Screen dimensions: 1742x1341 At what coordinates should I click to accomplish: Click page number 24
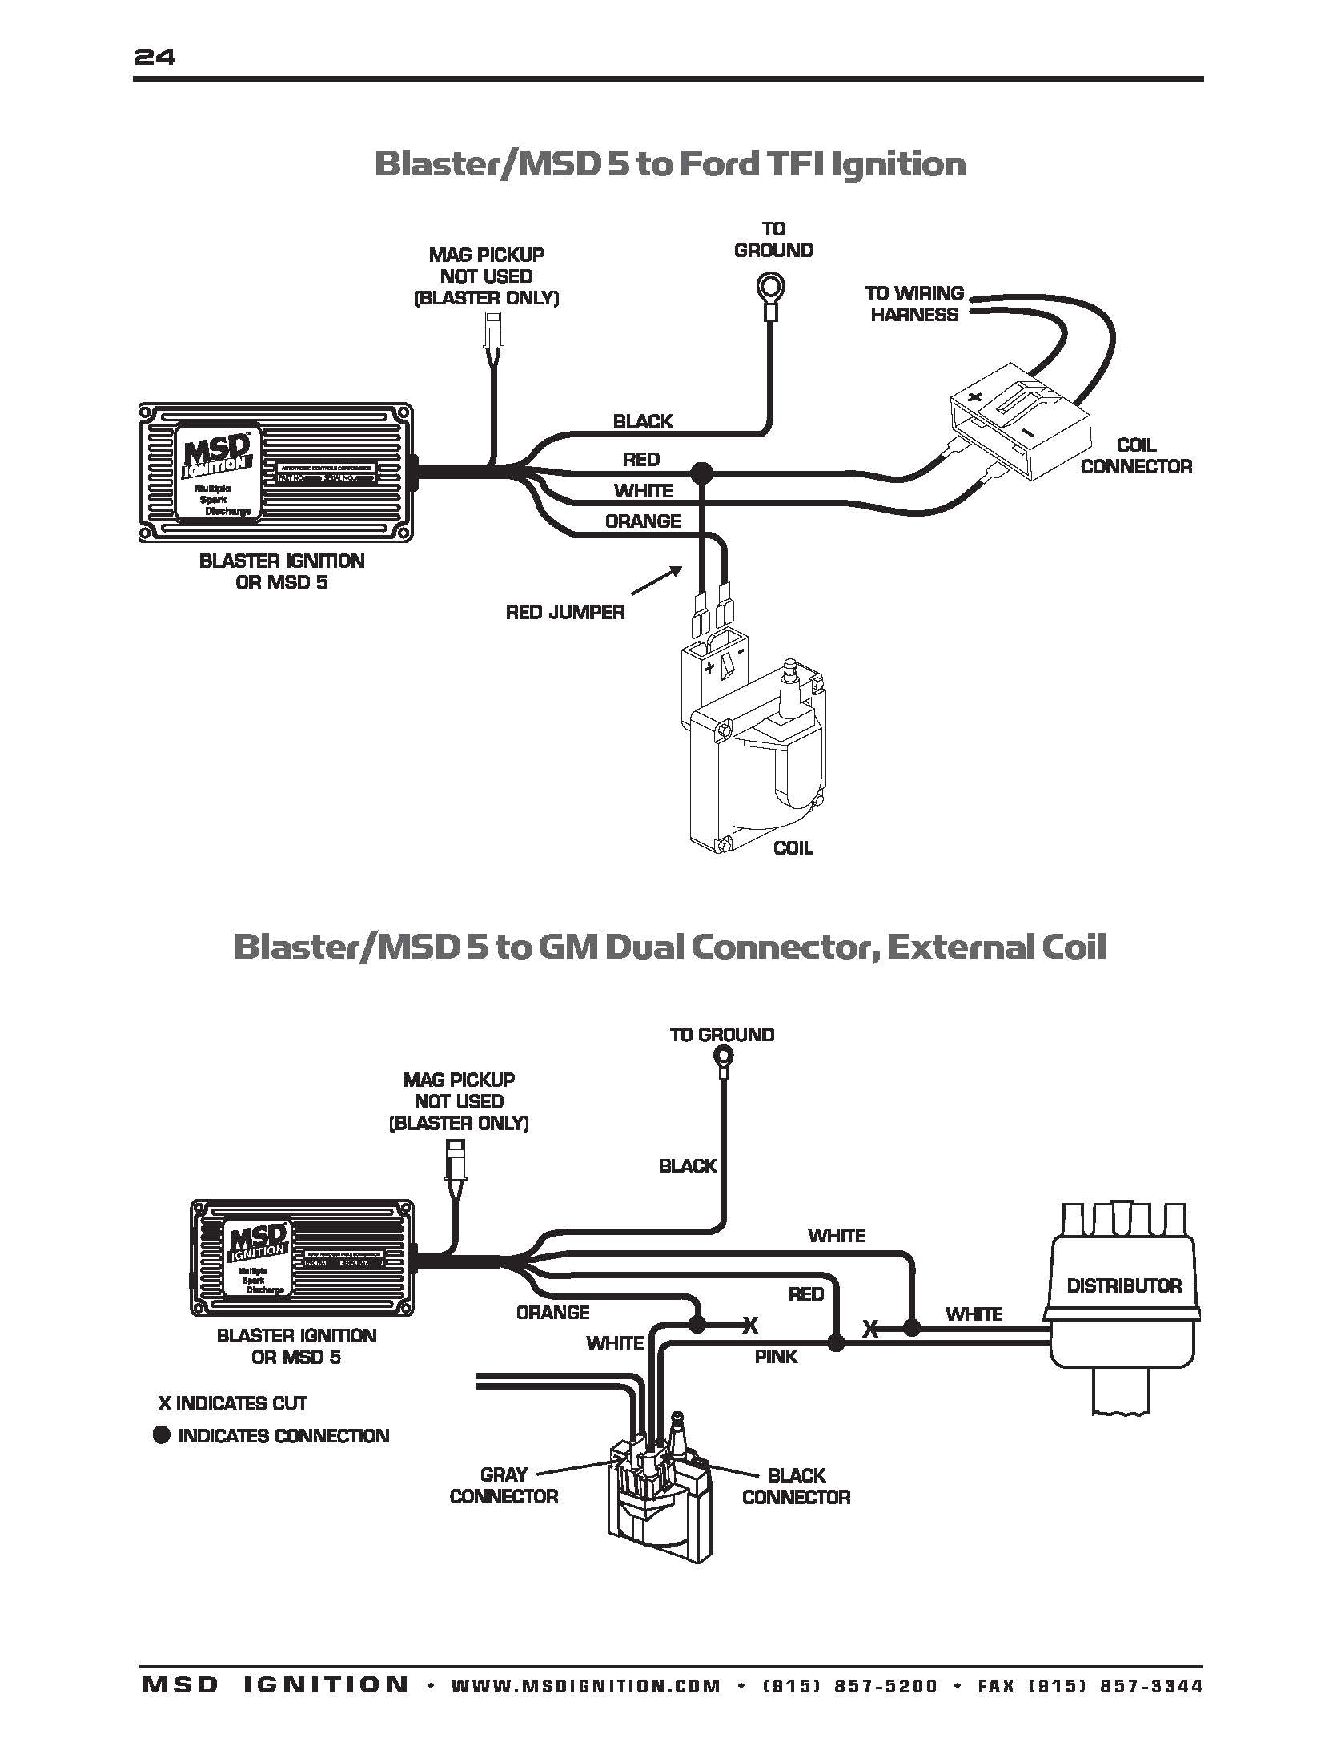click(x=155, y=57)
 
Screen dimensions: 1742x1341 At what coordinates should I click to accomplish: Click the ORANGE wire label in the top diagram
click(x=643, y=521)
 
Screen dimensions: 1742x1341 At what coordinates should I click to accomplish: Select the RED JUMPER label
click(x=565, y=613)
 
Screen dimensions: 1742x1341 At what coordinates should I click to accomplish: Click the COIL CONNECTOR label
click(x=1135, y=456)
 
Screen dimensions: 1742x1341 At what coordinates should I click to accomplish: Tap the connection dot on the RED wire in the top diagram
click(x=703, y=473)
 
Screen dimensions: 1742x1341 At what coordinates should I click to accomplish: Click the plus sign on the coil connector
click(x=974, y=397)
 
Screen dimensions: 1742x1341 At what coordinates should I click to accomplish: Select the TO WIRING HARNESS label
click(x=914, y=304)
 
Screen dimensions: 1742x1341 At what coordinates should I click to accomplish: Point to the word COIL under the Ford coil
click(x=793, y=848)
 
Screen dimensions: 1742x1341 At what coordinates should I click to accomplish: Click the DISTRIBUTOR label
click(x=1124, y=1285)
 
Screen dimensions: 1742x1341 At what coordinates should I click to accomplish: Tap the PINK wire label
click(x=776, y=1356)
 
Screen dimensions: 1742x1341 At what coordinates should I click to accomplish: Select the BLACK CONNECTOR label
click(x=796, y=1486)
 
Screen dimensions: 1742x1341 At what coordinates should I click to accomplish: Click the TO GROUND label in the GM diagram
click(x=721, y=1034)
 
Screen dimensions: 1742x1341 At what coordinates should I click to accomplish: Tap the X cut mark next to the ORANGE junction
click(x=750, y=1326)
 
